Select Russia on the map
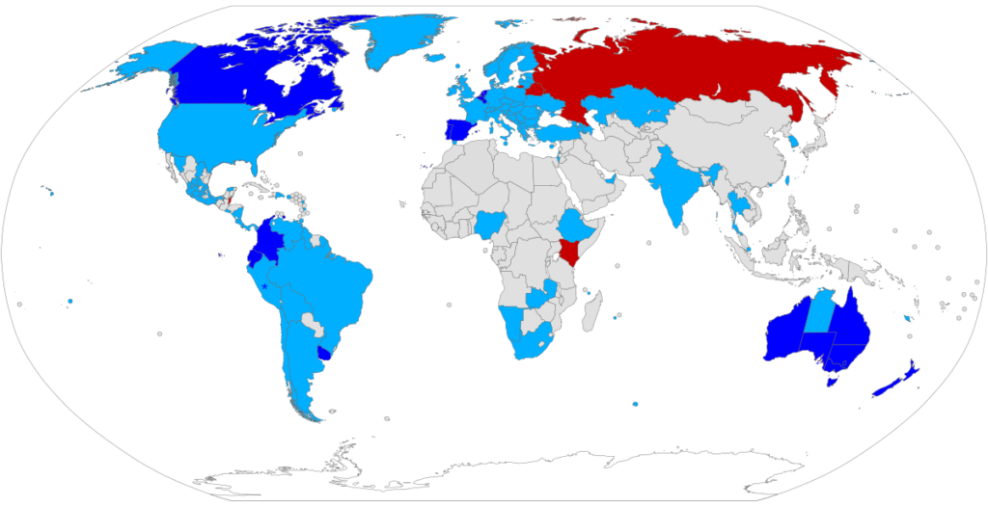(x=675, y=67)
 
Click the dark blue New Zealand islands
(x=898, y=378)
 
